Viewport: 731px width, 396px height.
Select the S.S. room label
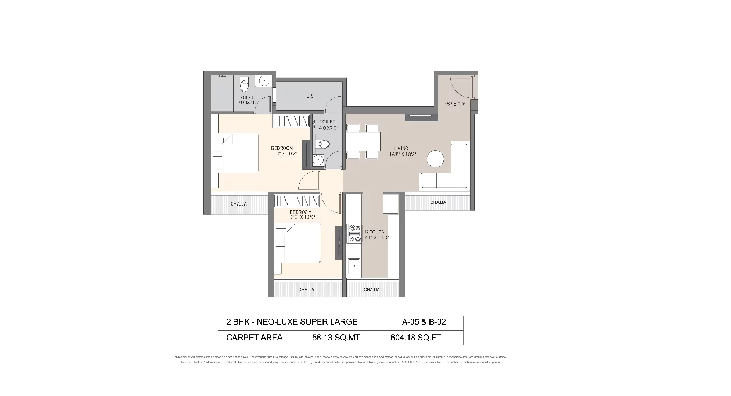(310, 96)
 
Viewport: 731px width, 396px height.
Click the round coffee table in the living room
(435, 159)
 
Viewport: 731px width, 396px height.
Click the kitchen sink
(354, 266)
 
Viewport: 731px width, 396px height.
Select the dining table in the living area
(362, 142)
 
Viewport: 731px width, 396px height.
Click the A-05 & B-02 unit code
(424, 322)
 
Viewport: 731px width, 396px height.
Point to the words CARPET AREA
(254, 338)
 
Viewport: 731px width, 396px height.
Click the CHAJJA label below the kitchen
(371, 290)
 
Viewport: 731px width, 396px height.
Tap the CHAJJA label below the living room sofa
(438, 203)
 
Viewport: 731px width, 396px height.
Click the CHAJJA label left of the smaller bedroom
(239, 204)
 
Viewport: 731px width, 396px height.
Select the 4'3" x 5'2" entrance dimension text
(454, 105)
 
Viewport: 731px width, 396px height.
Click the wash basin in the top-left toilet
(264, 80)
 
